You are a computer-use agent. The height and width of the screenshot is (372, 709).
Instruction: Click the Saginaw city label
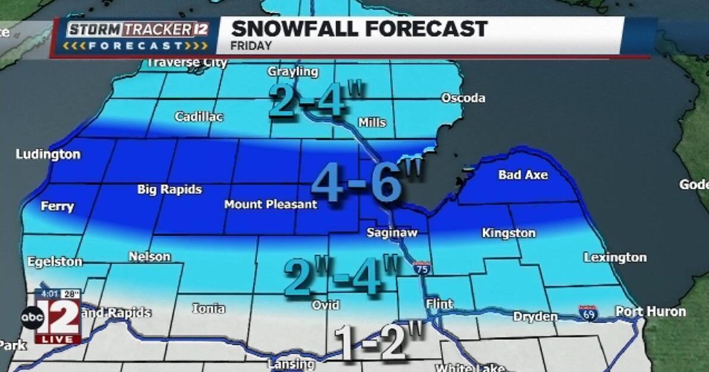pos(390,232)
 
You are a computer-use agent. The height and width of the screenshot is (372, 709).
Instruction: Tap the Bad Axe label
pos(523,175)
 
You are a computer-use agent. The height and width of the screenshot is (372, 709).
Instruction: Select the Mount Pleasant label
pos(270,205)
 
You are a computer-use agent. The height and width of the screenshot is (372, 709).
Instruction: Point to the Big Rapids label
pos(169,190)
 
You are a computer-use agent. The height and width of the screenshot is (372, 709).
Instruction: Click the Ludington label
pos(48,155)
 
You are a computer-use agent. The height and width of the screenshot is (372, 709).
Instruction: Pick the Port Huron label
pos(650,311)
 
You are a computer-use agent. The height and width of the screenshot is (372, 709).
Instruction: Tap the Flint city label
pos(440,304)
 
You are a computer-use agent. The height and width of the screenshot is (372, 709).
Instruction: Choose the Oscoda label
pos(463,98)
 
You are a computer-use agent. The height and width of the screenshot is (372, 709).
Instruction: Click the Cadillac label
pos(198,116)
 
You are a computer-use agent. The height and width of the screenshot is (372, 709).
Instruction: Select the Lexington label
pos(615,257)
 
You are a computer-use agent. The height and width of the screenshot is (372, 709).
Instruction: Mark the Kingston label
pos(509,233)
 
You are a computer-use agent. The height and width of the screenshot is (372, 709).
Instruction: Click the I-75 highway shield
pos(422,269)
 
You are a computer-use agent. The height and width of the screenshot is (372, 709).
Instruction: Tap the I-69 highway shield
pos(587,313)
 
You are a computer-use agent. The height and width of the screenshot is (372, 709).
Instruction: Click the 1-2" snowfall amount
pos(379,342)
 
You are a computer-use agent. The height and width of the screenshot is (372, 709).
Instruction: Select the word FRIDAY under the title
pos(251,46)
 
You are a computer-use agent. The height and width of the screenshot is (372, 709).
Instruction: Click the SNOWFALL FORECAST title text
pos(359,29)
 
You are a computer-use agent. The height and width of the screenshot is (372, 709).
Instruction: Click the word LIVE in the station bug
pos(58,339)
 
